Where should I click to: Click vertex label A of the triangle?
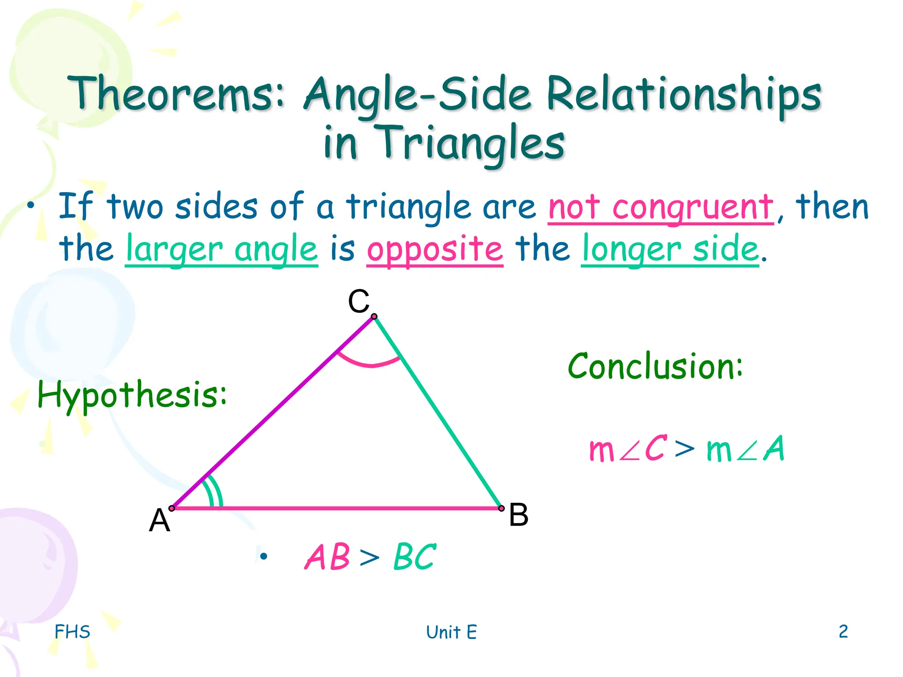coord(159,520)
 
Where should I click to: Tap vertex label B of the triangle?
coord(518,514)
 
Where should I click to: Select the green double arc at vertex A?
coord(216,491)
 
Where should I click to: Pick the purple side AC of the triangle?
coord(273,412)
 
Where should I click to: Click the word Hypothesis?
coord(132,394)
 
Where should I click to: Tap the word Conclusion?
coord(655,366)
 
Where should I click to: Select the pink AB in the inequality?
coord(327,557)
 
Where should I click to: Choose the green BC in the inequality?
coord(414,557)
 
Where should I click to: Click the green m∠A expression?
coord(745,449)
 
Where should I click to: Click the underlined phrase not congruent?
coord(660,207)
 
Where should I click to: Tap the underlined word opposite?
coord(435,249)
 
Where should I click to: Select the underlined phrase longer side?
coord(670,249)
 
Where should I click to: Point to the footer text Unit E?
coord(451,632)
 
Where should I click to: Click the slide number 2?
coord(843,631)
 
